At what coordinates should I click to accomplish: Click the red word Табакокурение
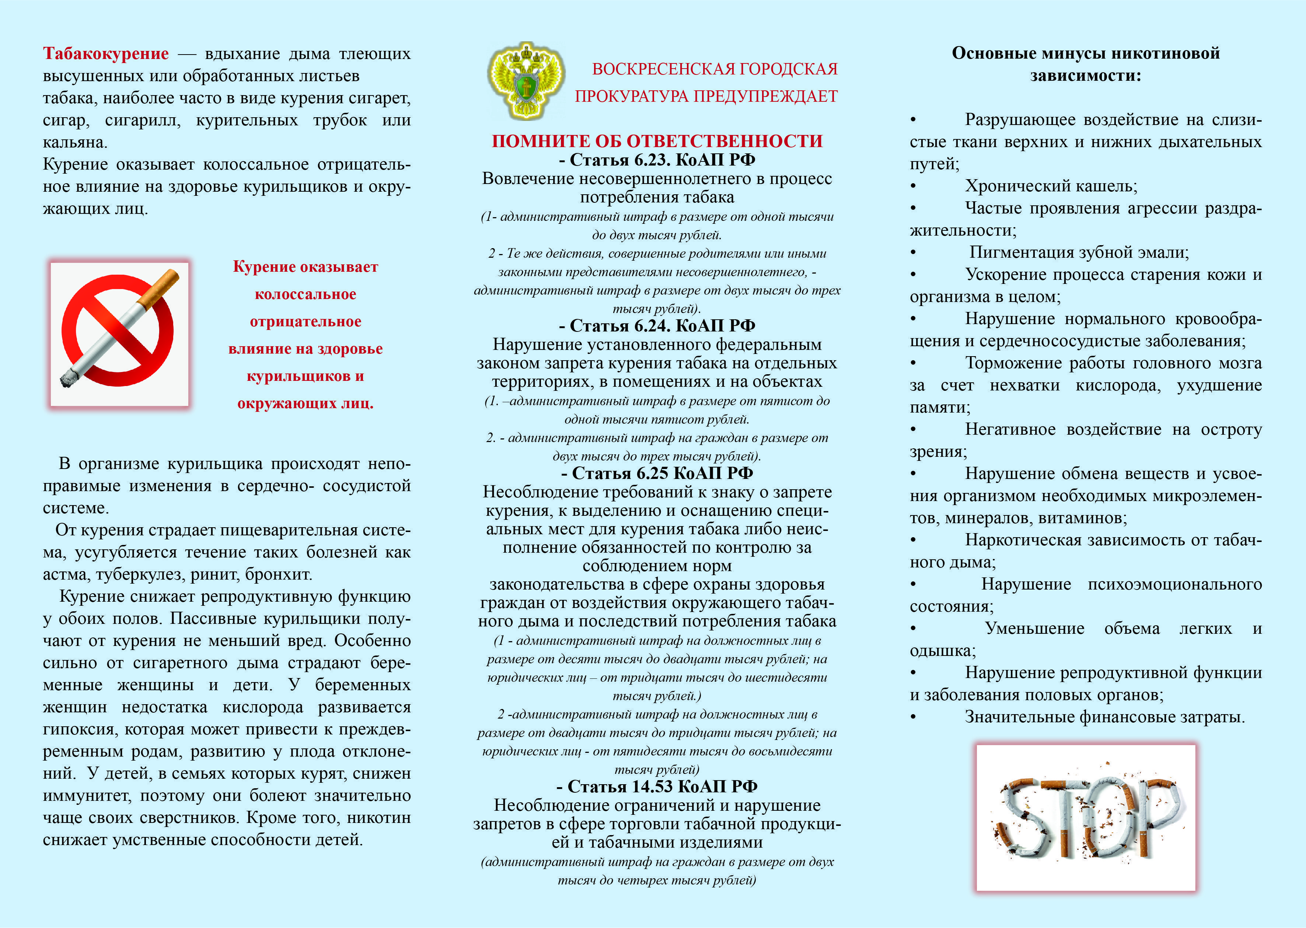tap(106, 54)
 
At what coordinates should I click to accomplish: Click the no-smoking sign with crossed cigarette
tap(119, 334)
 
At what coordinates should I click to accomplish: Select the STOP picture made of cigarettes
tap(1086, 817)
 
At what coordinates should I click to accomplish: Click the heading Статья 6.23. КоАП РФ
tap(657, 160)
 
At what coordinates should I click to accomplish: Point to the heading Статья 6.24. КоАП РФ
tap(657, 326)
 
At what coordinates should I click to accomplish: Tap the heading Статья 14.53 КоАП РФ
tap(657, 787)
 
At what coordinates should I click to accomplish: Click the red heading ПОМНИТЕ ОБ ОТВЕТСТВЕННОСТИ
tap(657, 141)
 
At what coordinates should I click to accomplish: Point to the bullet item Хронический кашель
tap(1051, 186)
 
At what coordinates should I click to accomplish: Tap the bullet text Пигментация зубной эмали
tap(1079, 253)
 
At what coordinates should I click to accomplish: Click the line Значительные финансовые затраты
tap(1104, 717)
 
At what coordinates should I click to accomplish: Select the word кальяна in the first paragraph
tap(74, 142)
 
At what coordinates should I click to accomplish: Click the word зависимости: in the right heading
tap(1085, 76)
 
